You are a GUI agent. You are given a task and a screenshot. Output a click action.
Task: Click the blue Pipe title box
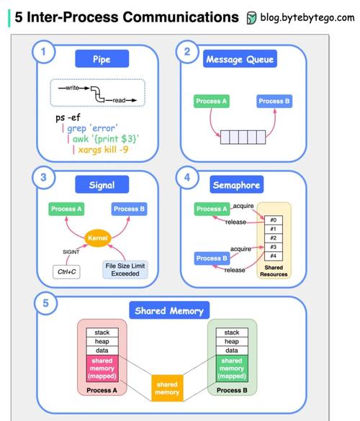(102, 58)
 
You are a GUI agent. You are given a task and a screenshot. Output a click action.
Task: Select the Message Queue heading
(240, 58)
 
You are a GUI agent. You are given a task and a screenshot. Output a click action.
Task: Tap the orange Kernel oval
(98, 238)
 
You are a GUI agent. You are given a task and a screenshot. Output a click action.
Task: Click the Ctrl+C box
(67, 272)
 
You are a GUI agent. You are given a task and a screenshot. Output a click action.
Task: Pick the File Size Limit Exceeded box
(125, 270)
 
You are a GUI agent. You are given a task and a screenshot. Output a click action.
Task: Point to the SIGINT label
(71, 252)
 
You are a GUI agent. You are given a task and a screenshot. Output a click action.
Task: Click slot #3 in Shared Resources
(274, 247)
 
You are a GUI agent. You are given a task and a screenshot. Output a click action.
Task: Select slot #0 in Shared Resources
(274, 220)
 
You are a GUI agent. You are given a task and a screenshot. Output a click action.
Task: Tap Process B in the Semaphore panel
(212, 258)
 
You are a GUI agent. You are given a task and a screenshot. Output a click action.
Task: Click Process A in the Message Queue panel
(212, 101)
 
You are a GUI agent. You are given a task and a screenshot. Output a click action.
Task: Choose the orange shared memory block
(167, 388)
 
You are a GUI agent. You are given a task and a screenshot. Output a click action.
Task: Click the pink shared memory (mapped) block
(102, 368)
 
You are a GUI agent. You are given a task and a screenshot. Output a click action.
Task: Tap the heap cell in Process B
(232, 342)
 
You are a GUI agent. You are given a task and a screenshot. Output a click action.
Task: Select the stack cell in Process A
(102, 332)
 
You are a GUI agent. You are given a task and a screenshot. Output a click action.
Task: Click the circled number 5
(45, 303)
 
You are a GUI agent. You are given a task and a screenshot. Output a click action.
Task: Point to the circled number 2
(187, 52)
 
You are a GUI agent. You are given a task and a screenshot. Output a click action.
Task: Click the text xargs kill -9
(103, 150)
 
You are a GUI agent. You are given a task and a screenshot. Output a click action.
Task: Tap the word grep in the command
(77, 129)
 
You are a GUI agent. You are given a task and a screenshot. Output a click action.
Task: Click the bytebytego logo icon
(251, 18)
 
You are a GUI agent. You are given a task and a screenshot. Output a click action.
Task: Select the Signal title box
(102, 184)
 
